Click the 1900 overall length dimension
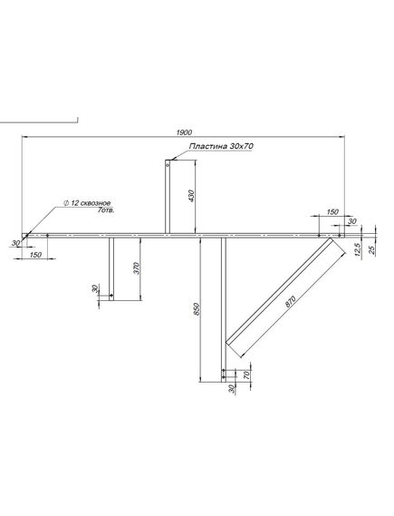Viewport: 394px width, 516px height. pos(184,132)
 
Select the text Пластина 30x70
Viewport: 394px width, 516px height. pos(221,146)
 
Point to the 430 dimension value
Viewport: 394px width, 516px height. pos(192,196)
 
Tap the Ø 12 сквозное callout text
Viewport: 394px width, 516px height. pos(87,203)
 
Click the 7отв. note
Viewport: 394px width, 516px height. pos(106,210)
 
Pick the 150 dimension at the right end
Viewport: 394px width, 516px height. pos(332,212)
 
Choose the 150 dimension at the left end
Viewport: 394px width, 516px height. pos(35,255)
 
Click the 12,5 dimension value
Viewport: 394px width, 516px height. pos(359,249)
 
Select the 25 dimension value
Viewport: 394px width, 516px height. pos(372,249)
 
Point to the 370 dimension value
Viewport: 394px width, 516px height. pos(138,268)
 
